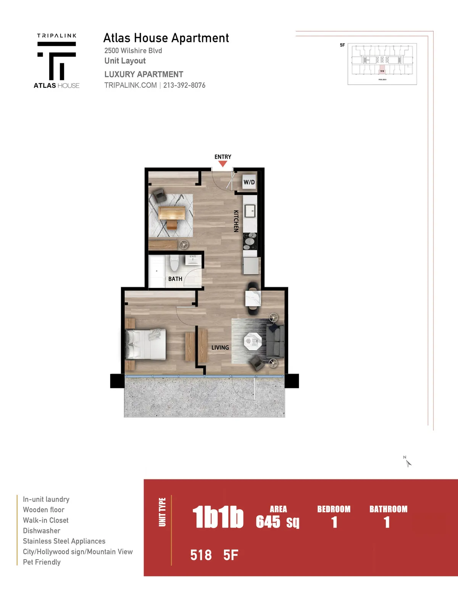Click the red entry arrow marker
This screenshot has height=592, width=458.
pyautogui.click(x=223, y=164)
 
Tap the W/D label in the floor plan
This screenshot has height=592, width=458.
pyautogui.click(x=249, y=182)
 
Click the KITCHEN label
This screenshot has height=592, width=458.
pyautogui.click(x=236, y=221)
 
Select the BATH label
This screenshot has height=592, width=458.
pyautogui.click(x=175, y=279)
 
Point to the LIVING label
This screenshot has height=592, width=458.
pyautogui.click(x=220, y=347)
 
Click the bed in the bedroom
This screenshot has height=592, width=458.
pyautogui.click(x=146, y=344)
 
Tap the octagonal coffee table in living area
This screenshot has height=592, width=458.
pyautogui.click(x=253, y=341)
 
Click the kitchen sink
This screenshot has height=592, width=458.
pyautogui.click(x=250, y=211)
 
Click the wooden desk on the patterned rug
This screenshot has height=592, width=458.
pyautogui.click(x=171, y=214)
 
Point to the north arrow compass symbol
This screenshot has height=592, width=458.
pyautogui.click(x=408, y=462)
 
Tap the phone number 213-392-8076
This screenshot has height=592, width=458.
pyautogui.click(x=184, y=85)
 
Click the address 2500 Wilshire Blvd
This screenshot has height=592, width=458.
pyautogui.click(x=133, y=50)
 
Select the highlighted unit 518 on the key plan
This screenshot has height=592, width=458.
pyautogui.click(x=382, y=71)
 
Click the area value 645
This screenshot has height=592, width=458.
pyautogui.click(x=268, y=522)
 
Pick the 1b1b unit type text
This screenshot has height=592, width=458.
pyautogui.click(x=218, y=518)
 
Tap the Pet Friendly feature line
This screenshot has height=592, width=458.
pyautogui.click(x=42, y=562)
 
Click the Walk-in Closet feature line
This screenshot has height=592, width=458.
pyautogui.click(x=46, y=520)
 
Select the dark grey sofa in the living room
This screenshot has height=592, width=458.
pyautogui.click(x=276, y=341)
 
